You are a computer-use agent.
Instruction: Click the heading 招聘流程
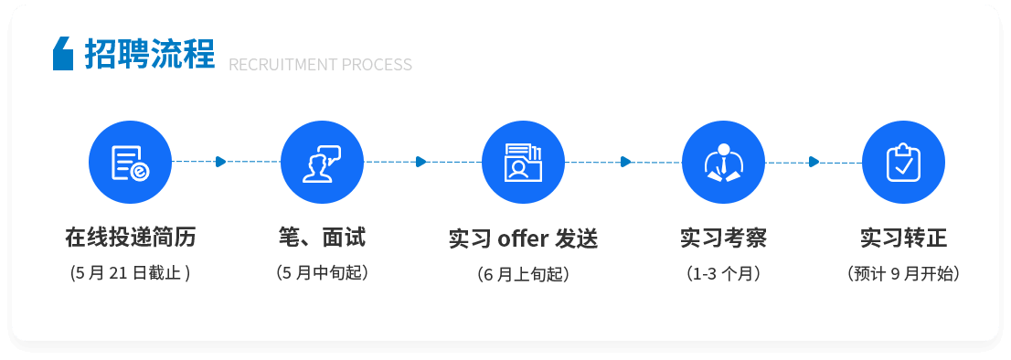pos(149,53)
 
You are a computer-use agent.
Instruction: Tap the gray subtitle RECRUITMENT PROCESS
pos(320,65)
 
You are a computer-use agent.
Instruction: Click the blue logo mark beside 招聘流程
pos(62,53)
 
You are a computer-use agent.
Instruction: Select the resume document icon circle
pos(130,163)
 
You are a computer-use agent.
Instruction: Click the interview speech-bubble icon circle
pos(322,163)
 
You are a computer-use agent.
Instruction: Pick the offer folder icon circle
pos(523,163)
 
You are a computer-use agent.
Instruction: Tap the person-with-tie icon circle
pos(723,163)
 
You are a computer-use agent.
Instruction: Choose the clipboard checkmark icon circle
pos(903,163)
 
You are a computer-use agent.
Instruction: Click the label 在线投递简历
pos(130,238)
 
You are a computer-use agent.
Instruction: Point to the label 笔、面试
pos(322,238)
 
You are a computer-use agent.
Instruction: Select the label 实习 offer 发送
pos(523,239)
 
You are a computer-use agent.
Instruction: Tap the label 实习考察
pos(723,238)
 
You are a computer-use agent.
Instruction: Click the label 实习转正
pos(903,238)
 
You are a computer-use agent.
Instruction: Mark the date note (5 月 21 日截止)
pos(130,273)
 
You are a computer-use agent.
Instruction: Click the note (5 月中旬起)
pos(322,273)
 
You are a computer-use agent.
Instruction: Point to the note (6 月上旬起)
pos(523,274)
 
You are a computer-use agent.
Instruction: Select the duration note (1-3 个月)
pos(723,273)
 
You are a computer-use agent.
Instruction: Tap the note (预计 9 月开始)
pos(903,273)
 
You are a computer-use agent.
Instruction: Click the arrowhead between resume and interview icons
pos(220,162)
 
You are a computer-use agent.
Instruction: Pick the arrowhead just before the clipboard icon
pos(814,162)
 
